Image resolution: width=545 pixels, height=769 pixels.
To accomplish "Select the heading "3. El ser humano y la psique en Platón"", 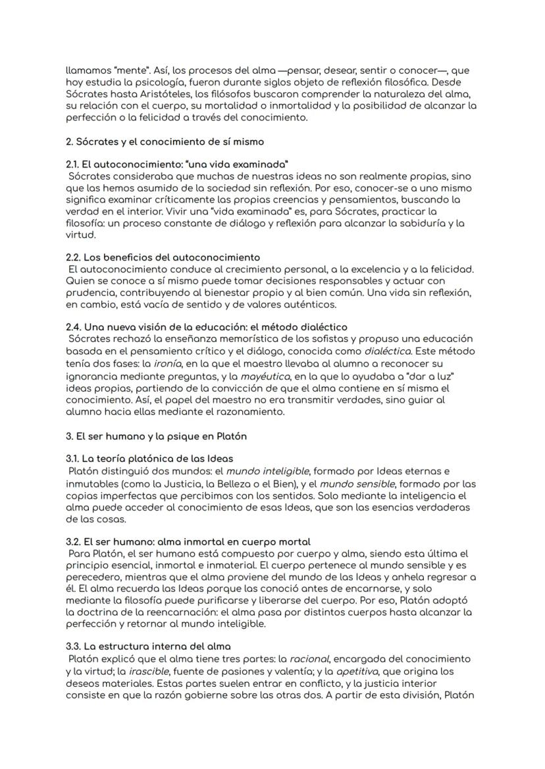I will [x=156, y=437].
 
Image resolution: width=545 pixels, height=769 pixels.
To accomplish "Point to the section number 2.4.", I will [x=74, y=327].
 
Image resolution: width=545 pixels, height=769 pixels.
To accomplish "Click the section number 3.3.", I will [x=74, y=647].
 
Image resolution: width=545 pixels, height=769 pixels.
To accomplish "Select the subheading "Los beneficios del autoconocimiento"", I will [x=172, y=257].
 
